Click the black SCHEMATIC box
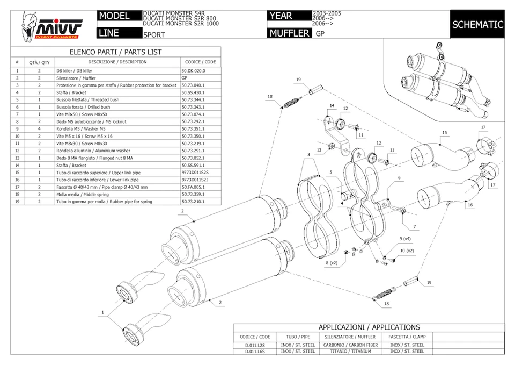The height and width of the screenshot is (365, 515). coord(477,25)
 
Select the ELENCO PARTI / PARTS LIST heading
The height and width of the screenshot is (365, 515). coord(116,52)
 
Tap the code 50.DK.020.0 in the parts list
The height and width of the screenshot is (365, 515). coord(193,70)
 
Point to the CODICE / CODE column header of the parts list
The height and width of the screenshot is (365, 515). coord(200,62)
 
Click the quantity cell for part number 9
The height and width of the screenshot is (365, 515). coord(39,128)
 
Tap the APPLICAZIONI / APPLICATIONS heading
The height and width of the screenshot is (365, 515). coord(369,327)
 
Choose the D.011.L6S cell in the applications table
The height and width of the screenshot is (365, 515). coord(255,351)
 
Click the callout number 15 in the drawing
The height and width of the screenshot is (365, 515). coord(444,132)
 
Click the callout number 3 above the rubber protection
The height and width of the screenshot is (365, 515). coord(309,154)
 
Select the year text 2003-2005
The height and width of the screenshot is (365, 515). coord(327,12)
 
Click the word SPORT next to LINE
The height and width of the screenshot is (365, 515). coord(154,34)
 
